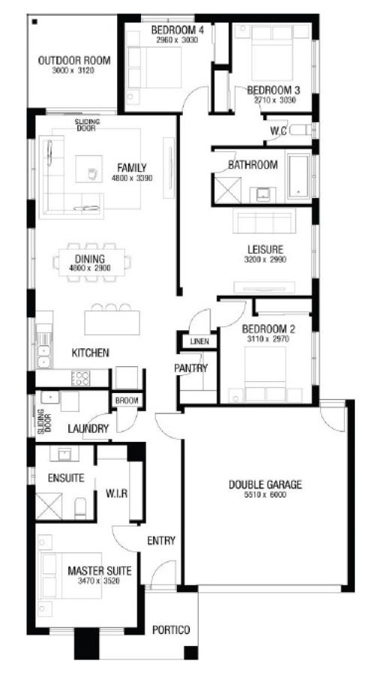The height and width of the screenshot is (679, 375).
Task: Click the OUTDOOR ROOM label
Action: [x=74, y=61]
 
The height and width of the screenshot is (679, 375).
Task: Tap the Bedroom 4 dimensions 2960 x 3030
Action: [x=177, y=41]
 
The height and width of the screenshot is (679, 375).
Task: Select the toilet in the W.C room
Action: [x=300, y=130]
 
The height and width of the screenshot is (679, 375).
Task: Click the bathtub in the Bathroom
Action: [x=298, y=176]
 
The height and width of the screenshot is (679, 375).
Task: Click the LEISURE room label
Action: [x=265, y=250]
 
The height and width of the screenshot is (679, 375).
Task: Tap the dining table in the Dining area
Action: [x=92, y=263]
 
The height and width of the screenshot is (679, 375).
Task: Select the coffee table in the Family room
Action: [x=88, y=169]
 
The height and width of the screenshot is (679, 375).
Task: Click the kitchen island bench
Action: [x=112, y=323]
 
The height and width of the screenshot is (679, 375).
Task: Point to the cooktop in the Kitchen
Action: [x=80, y=378]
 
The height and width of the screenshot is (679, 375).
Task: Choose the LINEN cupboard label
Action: [x=199, y=341]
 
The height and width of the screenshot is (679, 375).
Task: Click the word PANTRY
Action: [x=191, y=368]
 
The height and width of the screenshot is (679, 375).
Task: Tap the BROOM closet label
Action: [x=127, y=401]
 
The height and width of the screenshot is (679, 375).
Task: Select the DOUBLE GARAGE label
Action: [x=265, y=485]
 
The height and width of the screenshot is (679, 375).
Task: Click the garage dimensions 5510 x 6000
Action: [x=265, y=495]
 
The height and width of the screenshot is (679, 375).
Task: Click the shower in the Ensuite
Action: [x=49, y=506]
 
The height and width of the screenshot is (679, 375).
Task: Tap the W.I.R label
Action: [x=116, y=493]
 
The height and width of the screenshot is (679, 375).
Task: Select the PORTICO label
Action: [x=171, y=629]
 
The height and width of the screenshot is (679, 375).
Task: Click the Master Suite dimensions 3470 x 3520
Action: [x=99, y=581]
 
